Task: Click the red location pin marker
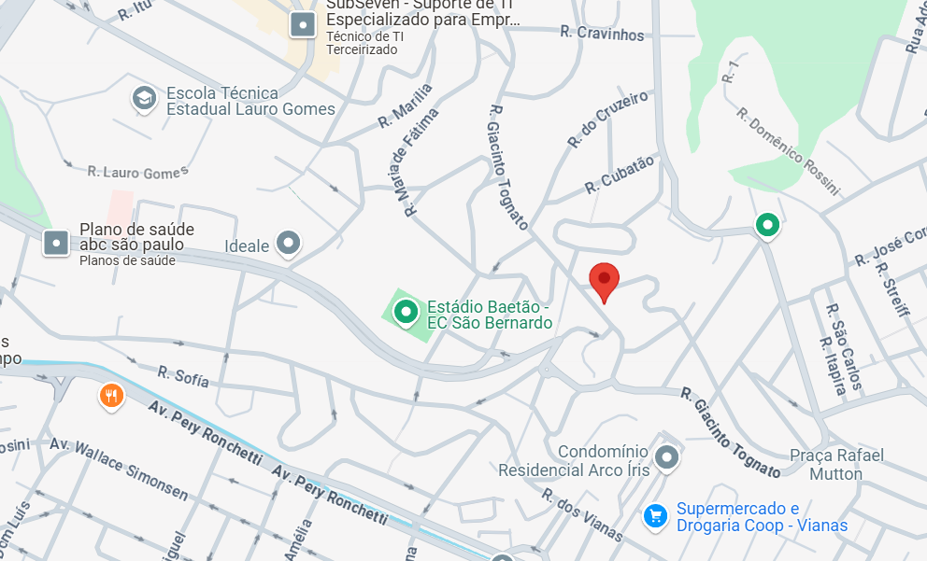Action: [604, 280]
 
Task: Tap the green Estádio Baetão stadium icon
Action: [406, 312]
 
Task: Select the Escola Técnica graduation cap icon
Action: [144, 99]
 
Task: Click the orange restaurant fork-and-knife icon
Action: [111, 397]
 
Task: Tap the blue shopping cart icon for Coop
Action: [656, 515]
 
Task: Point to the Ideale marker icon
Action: [289, 245]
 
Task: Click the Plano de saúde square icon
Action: [57, 244]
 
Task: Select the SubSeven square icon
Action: [302, 24]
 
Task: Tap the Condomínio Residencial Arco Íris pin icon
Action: [666, 457]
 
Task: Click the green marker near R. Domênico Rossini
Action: [767, 224]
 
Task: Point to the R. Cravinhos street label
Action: [602, 34]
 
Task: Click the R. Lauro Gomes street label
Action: [137, 172]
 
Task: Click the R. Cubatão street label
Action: [620, 175]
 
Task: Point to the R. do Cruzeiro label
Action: [607, 119]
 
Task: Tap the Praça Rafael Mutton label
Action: [836, 464]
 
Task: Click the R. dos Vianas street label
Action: [581, 514]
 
